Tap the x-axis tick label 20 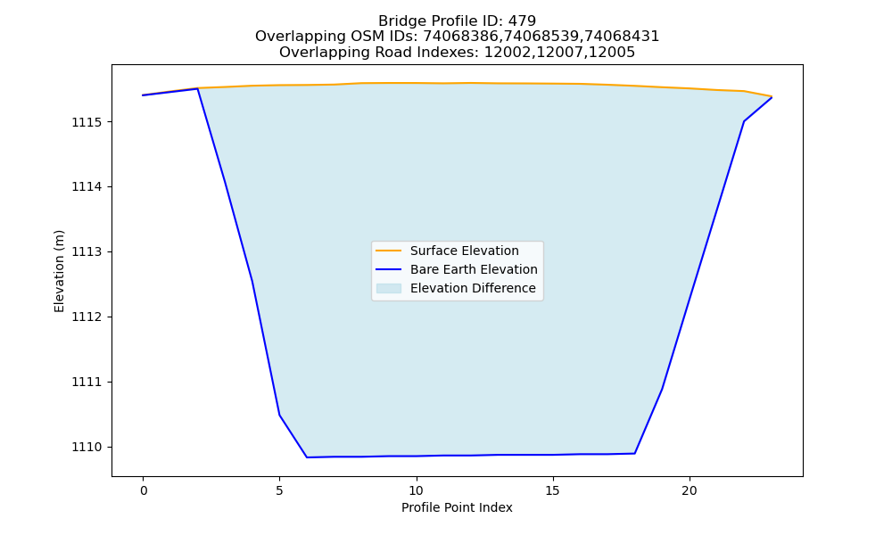(689, 490)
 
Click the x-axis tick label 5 (279, 490)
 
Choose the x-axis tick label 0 (143, 490)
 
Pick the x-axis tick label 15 (552, 490)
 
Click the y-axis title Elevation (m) (59, 271)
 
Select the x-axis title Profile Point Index (457, 507)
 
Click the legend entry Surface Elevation (464, 251)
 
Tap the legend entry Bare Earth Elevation (474, 269)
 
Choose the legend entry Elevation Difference (473, 288)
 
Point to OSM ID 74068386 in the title (463, 37)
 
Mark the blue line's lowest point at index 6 (307, 457)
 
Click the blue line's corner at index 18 (634, 453)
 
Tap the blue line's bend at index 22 (744, 121)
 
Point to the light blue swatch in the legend (389, 288)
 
